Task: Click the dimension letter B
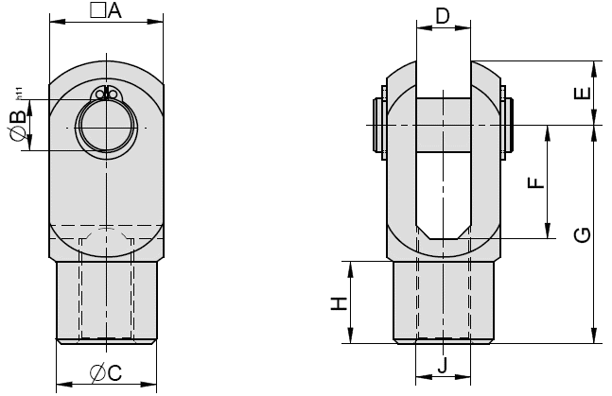click(x=15, y=120)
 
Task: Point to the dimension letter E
click(x=584, y=93)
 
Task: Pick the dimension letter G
click(x=584, y=233)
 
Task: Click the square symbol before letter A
click(x=96, y=10)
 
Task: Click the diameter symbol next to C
click(x=97, y=373)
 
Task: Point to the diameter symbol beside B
click(x=15, y=139)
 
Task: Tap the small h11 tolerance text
click(x=19, y=95)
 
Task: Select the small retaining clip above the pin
click(x=106, y=94)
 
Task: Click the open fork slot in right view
click(x=443, y=189)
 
